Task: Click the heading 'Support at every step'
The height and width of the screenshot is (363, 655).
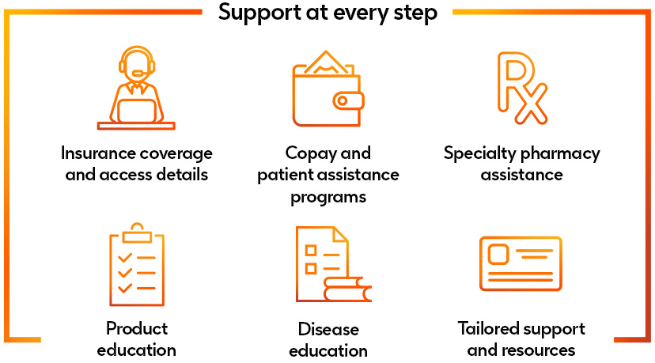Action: pos(327,13)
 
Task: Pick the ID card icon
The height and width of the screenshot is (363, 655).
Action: pos(521,264)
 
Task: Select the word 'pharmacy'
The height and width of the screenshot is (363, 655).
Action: pos(561,153)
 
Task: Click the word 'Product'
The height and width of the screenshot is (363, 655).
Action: pos(137,327)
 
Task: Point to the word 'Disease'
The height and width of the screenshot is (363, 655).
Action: pos(328,328)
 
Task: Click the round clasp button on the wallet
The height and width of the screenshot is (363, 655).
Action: pos(345,100)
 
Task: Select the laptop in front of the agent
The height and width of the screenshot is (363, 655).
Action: pos(136,109)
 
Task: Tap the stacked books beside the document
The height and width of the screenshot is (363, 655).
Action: pos(347,289)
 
